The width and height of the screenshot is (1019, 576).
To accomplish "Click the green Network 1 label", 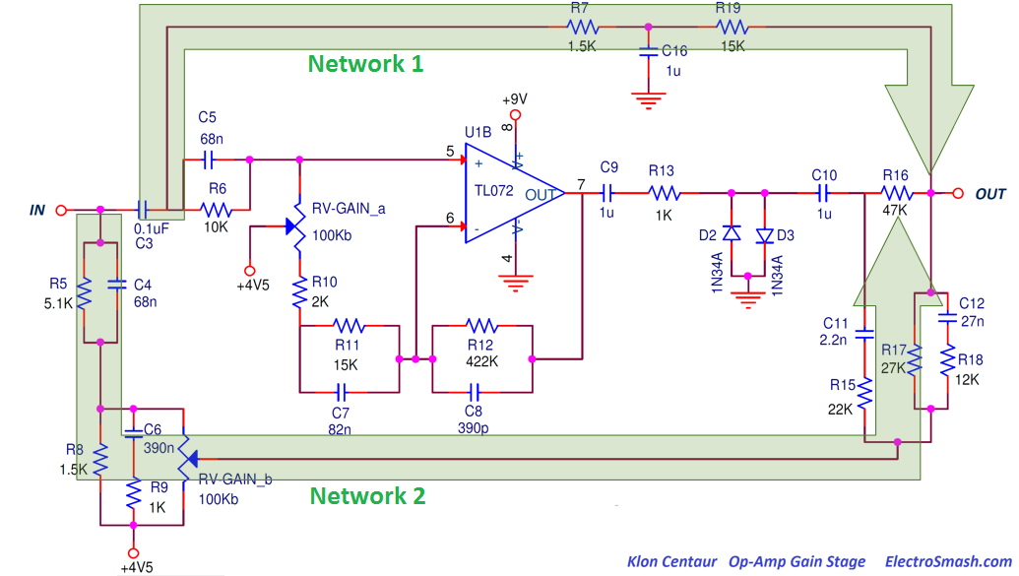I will click(x=365, y=64).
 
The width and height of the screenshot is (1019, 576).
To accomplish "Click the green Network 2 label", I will click(x=367, y=495).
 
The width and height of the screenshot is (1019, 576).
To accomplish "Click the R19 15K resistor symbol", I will click(x=730, y=27).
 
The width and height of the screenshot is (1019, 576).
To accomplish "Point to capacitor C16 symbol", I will click(x=647, y=52).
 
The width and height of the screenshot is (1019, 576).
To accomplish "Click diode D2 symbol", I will click(x=731, y=234).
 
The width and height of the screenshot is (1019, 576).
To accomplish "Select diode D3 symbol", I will click(x=764, y=234).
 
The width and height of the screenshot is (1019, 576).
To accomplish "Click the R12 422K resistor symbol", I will click(x=481, y=325).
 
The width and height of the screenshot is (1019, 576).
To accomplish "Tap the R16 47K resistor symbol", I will click(x=895, y=194).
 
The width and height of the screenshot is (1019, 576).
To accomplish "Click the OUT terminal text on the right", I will click(x=990, y=195).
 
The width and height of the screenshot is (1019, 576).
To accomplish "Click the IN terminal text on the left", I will click(x=37, y=210).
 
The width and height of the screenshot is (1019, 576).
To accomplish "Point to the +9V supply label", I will click(x=514, y=99).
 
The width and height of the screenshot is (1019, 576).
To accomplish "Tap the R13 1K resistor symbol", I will click(x=663, y=194).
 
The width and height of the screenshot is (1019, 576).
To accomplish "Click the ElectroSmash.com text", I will click(x=948, y=561).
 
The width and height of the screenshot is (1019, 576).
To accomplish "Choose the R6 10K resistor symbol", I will click(x=217, y=210).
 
